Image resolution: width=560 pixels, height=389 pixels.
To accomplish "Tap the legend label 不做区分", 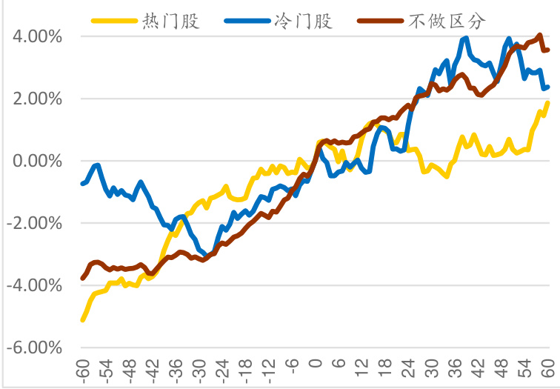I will coord(456,19).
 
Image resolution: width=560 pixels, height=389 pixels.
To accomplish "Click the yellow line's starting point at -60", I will coord(82,319).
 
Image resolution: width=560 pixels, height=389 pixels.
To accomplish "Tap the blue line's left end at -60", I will coord(82,183).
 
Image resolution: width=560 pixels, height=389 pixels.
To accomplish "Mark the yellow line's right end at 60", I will coord(548,102).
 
